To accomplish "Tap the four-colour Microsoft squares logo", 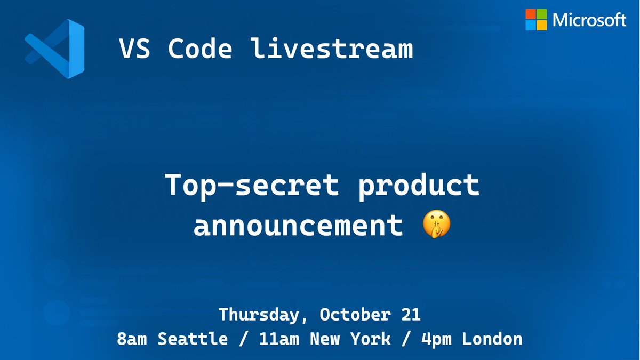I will (x=536, y=20).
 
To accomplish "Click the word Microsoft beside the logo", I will (x=589, y=20).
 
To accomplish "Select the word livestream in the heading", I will (x=332, y=49).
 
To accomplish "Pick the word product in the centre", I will (x=420, y=185).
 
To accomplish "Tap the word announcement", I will (x=298, y=226).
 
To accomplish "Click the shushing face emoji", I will (x=436, y=226).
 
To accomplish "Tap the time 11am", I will (x=274, y=339).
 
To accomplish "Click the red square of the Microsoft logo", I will (x=531, y=14).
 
